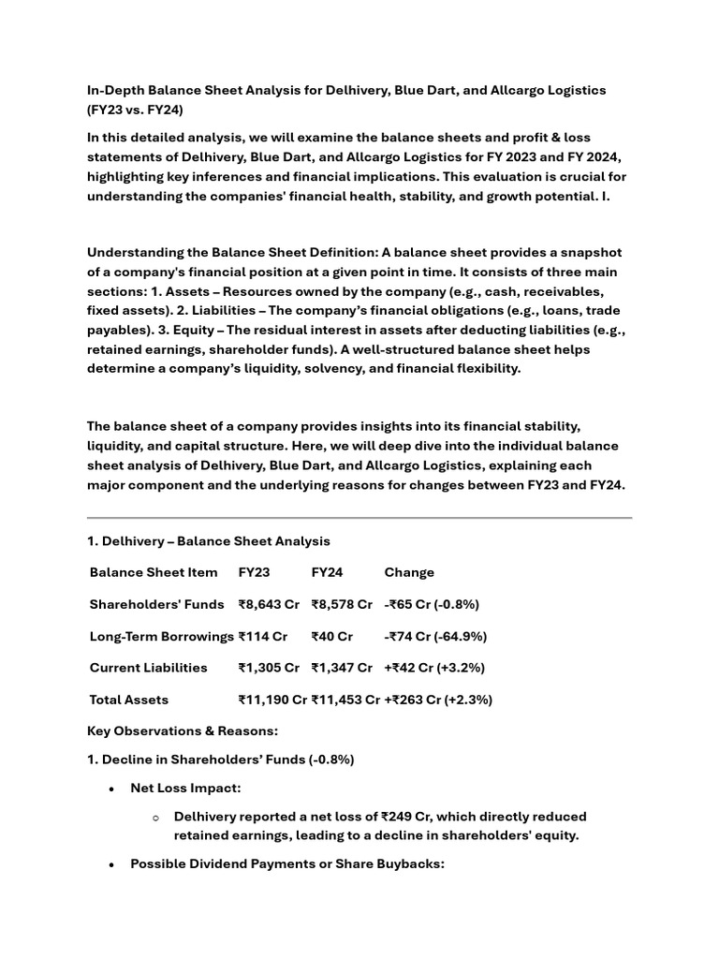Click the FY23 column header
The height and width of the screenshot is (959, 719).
(254, 572)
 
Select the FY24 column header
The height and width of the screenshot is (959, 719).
(327, 572)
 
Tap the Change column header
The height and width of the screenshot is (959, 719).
(409, 572)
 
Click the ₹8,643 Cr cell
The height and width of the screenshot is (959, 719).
(269, 604)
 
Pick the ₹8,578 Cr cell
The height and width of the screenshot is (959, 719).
(342, 604)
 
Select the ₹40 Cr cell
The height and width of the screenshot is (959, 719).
(331, 636)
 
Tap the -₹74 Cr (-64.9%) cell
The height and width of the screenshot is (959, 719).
(435, 636)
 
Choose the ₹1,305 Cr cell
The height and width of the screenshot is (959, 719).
(269, 668)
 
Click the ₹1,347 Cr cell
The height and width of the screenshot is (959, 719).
(342, 668)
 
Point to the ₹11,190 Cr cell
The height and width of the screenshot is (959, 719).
(272, 700)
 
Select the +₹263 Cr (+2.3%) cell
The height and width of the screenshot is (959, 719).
(438, 700)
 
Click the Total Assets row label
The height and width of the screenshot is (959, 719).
(129, 700)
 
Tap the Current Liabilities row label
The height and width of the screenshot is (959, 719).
(148, 668)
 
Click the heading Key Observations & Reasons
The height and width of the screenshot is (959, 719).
(183, 730)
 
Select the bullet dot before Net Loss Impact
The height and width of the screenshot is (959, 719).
(112, 789)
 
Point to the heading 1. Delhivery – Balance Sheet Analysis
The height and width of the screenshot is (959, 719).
(208, 541)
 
